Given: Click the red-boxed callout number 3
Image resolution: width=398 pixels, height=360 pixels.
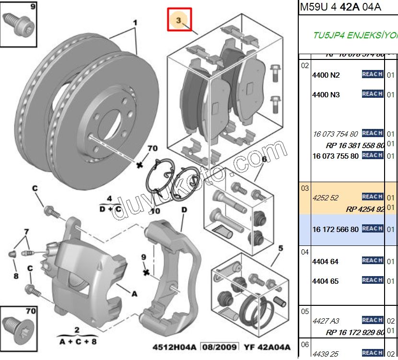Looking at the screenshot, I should point(179,20).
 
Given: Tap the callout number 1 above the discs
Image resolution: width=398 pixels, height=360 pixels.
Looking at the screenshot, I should point(135,23).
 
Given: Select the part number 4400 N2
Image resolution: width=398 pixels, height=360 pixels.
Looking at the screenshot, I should point(326,75).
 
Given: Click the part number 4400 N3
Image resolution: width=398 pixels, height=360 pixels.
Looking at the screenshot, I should point(326,95).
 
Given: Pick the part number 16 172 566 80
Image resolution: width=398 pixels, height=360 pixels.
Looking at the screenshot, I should point(335,230).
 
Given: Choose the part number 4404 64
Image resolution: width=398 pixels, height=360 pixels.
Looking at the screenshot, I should point(325,261).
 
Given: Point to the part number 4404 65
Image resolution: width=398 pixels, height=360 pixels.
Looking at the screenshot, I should point(325,281).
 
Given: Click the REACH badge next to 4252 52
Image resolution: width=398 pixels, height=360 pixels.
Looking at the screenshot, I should point(372,197).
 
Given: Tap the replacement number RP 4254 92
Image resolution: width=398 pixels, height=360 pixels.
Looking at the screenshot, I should point(365,209).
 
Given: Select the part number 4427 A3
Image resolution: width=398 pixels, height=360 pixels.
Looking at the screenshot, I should point(325,321).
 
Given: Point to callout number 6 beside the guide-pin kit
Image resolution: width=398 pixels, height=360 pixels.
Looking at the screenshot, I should point(263,159).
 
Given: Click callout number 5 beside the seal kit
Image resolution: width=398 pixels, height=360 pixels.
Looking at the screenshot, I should point(281,248).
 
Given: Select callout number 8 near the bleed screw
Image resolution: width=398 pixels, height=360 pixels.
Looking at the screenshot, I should point(16,276).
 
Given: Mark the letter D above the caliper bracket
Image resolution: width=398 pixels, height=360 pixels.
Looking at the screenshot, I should point(184,210).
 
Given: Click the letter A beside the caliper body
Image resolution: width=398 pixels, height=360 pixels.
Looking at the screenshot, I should point(134,294).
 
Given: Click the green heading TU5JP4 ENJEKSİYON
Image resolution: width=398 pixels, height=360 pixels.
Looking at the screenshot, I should point(355,36).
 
